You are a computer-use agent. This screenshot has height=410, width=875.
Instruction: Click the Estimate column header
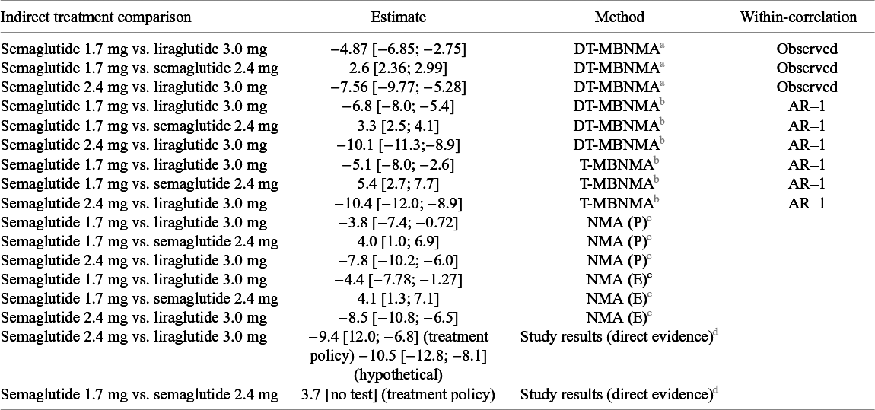point(399,17)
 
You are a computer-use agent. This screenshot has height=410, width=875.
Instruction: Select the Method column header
point(619,17)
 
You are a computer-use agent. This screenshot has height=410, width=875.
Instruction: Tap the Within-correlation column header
point(799,17)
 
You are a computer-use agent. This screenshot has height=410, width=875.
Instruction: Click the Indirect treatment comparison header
point(97,17)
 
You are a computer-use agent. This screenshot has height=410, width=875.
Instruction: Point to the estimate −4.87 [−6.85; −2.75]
point(399,49)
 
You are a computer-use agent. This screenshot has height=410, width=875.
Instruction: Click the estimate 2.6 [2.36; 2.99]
point(399,68)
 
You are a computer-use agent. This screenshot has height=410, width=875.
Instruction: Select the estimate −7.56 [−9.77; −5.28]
point(399,87)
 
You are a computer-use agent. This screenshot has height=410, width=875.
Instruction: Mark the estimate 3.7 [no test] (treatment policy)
point(399,396)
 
